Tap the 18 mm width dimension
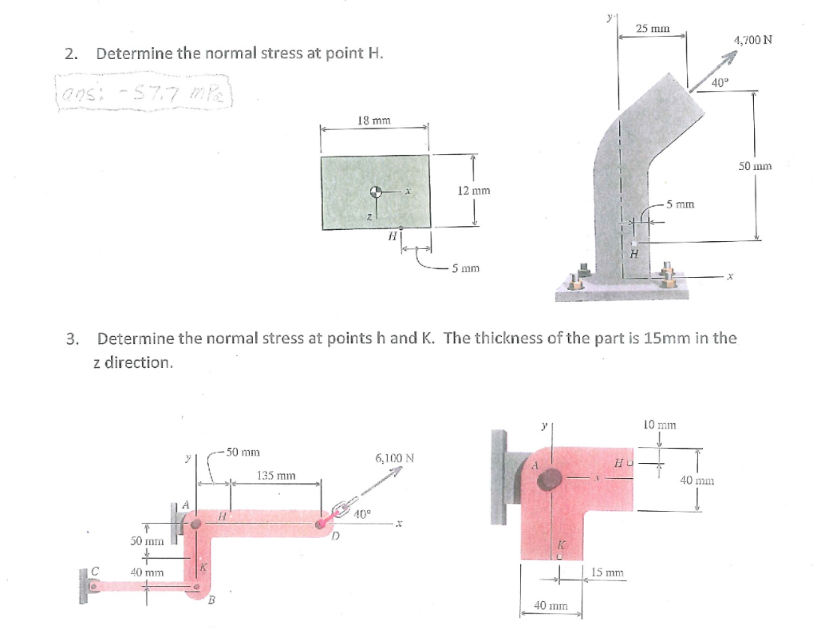pyautogui.click(x=374, y=121)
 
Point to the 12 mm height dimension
pyautogui.click(x=474, y=191)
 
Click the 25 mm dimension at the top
pyautogui.click(x=652, y=29)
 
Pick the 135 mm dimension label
pyautogui.click(x=276, y=476)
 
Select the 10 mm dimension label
pyautogui.click(x=660, y=425)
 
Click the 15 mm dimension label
pyautogui.click(x=609, y=572)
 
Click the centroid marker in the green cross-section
pyautogui.click(x=374, y=192)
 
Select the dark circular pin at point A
pyautogui.click(x=549, y=479)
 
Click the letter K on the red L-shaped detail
pyautogui.click(x=560, y=544)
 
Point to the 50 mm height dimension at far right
pyautogui.click(x=755, y=167)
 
